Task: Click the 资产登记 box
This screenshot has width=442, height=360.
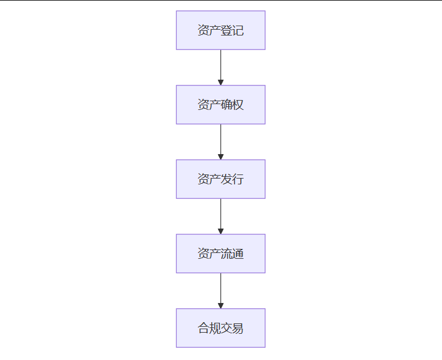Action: [220, 30]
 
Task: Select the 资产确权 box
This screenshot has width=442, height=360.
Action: [220, 105]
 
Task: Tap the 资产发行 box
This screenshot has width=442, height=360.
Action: [220, 179]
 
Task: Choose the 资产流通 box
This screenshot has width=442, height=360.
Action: [220, 254]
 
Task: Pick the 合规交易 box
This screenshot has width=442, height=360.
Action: [220, 328]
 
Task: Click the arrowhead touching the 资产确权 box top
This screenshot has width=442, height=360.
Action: [220, 82]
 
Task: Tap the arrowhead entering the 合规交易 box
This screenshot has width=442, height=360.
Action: [220, 305]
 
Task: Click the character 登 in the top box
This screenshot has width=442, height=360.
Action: [226, 31]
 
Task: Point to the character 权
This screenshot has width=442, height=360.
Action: [238, 105]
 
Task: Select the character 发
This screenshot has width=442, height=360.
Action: [226, 180]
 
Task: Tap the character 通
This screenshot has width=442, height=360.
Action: [238, 254]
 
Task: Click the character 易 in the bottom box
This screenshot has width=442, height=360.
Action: [238, 329]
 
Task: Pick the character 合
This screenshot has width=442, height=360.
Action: [203, 329]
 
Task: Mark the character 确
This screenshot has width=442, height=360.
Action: [226, 105]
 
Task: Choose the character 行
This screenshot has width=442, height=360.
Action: [238, 180]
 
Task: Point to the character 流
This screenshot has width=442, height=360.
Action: [226, 254]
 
